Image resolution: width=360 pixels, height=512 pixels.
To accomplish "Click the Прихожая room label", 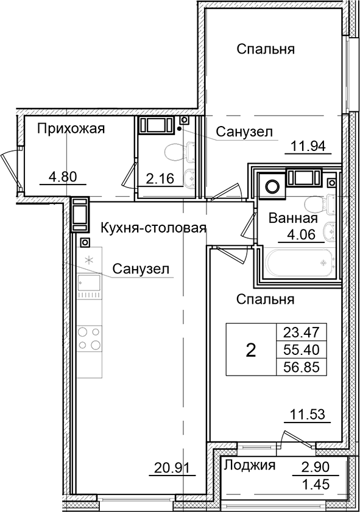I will coord(71,128).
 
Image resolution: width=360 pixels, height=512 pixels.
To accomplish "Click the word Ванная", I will coord(294,219).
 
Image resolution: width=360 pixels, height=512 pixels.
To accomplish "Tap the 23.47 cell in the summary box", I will coord(302,332).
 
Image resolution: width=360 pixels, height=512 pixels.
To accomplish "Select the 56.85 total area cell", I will coord(302,366).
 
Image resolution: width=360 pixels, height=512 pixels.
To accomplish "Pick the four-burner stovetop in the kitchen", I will coord(89,338).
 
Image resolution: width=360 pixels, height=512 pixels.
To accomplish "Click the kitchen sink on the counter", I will coord(89,286).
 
